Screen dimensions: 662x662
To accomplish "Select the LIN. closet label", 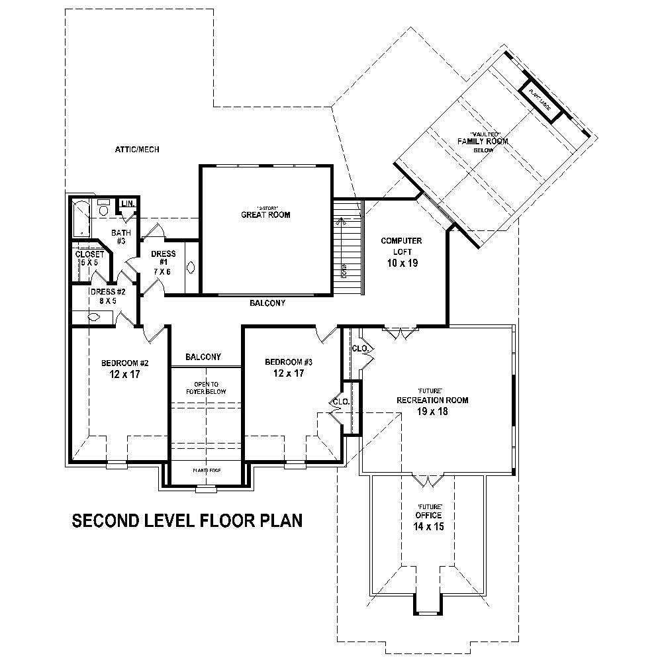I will [127, 203].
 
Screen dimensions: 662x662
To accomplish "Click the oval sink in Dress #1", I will [191, 268].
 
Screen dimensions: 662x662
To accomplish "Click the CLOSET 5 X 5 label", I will [89, 258].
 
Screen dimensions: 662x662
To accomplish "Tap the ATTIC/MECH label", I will [137, 150].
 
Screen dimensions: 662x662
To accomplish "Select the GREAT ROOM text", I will [265, 214].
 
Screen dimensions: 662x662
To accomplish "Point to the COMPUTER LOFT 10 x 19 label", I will [401, 252].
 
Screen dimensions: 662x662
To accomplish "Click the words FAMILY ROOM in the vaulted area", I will [483, 141].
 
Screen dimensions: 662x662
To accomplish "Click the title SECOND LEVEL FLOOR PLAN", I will [187, 521].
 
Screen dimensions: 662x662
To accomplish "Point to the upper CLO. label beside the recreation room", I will [359, 348].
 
